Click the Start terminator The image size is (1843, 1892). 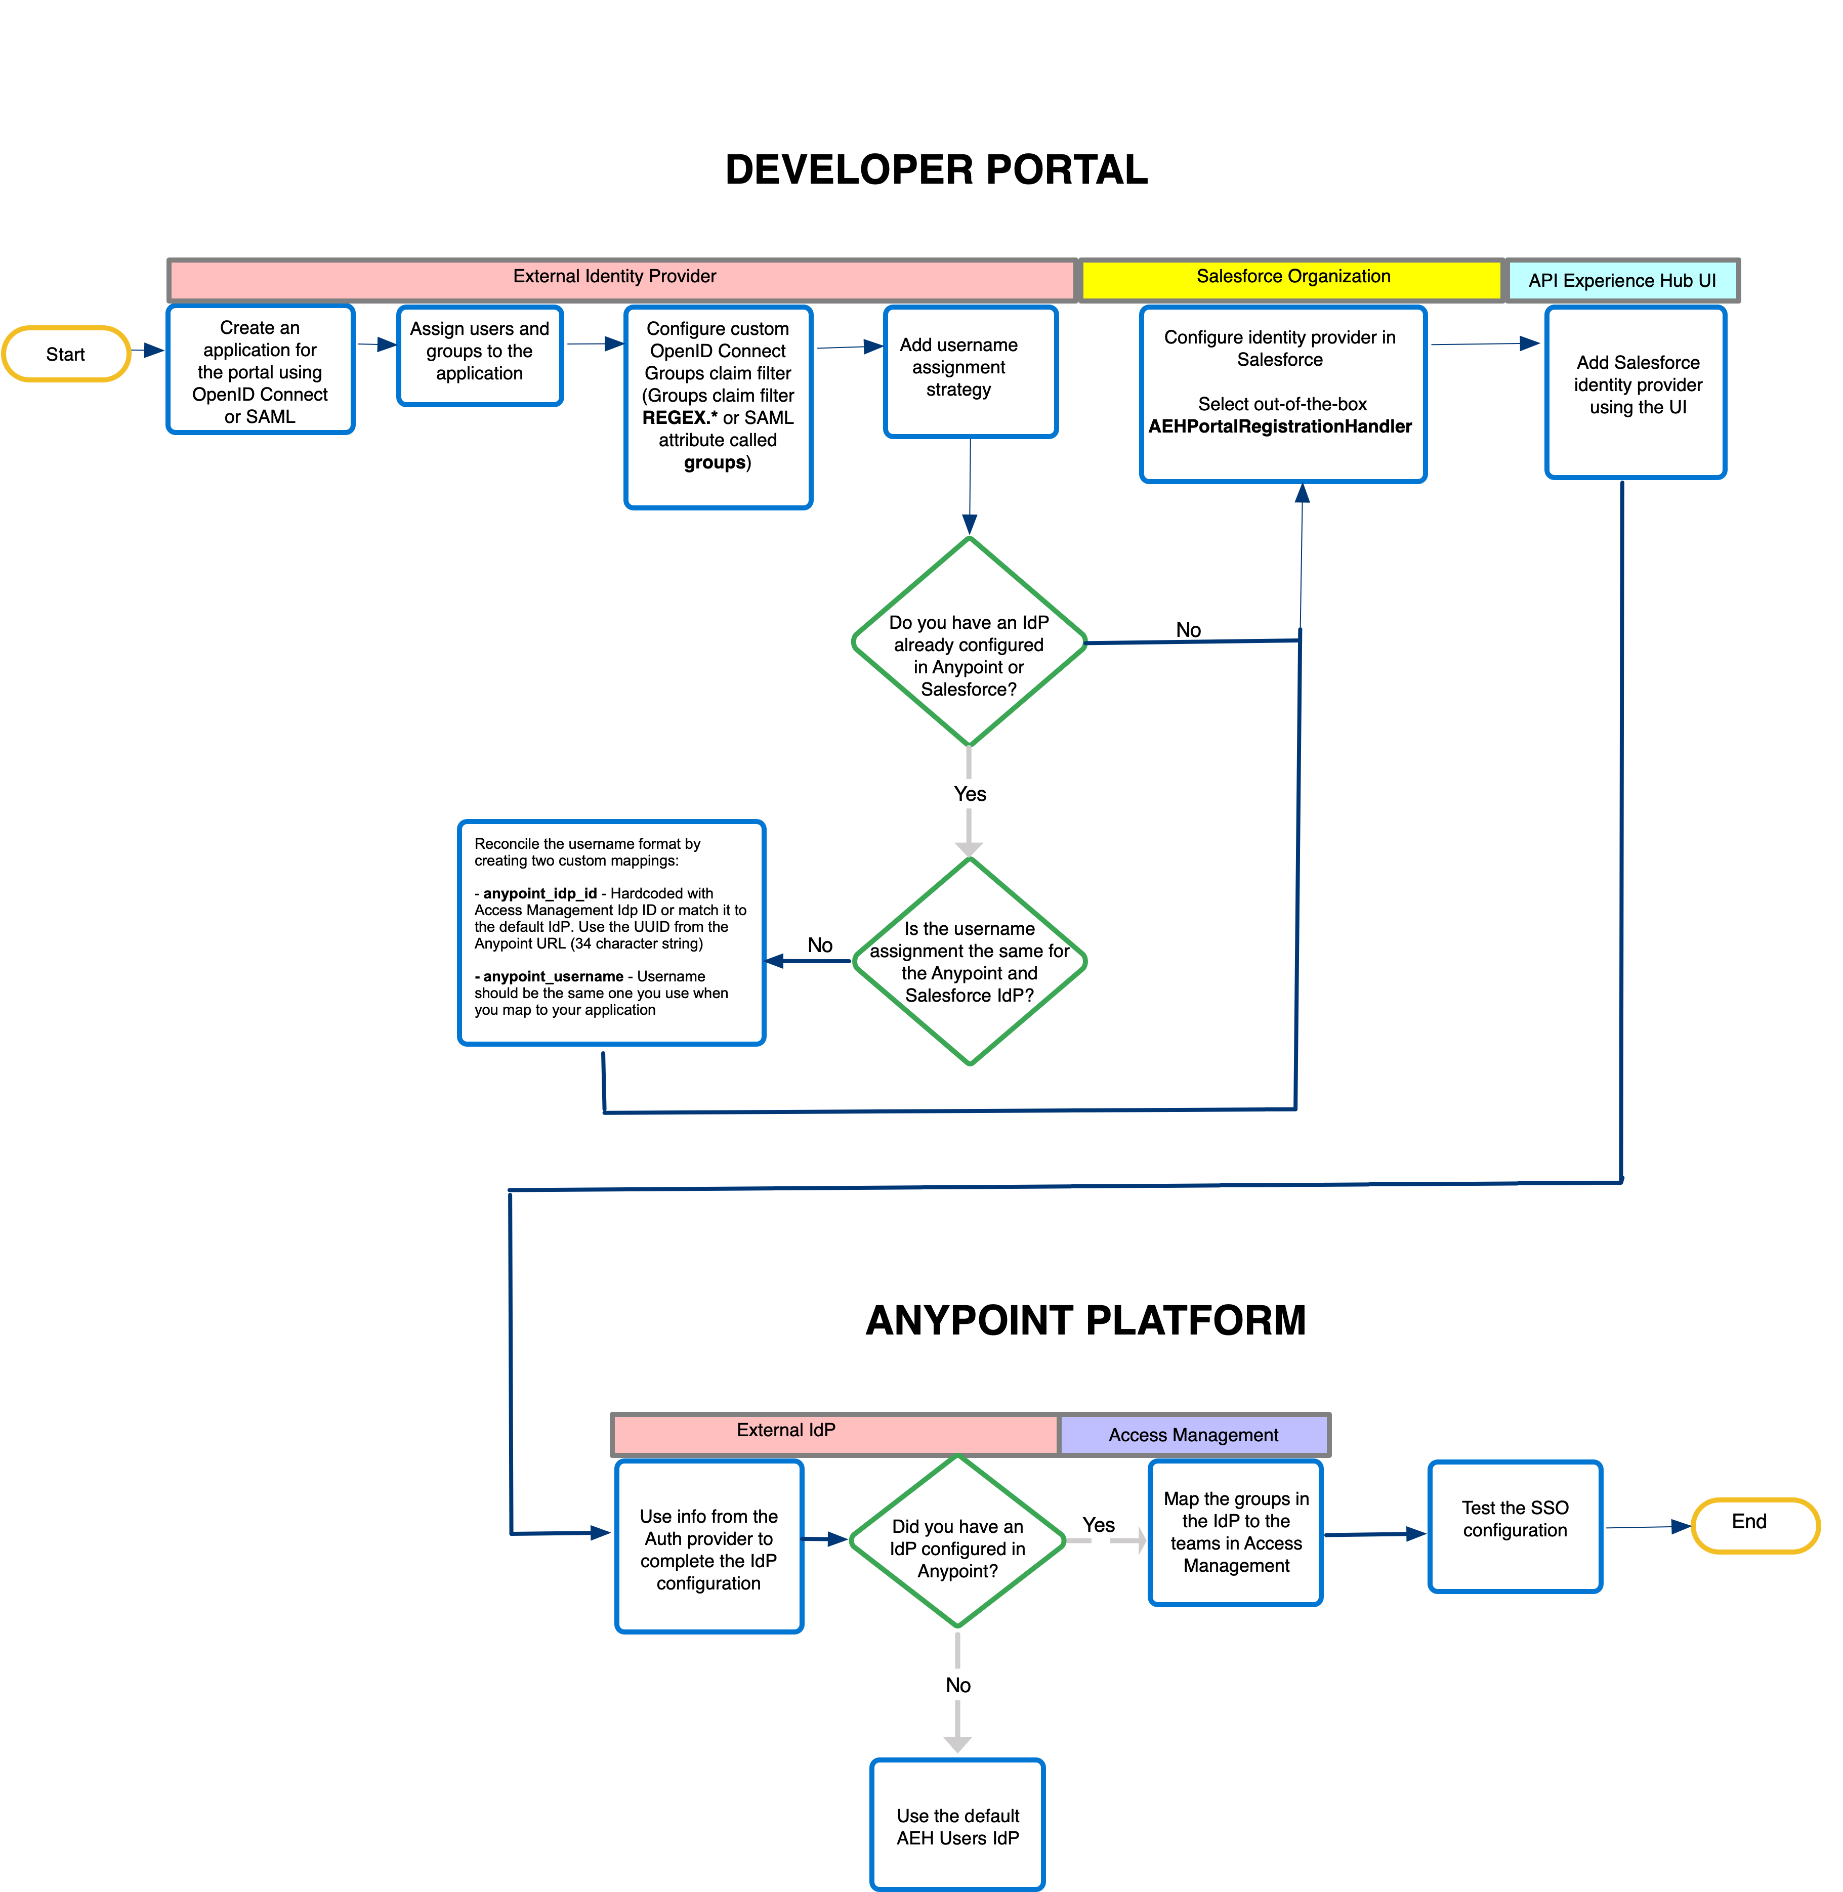[66, 354]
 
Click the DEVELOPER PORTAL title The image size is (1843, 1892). [936, 170]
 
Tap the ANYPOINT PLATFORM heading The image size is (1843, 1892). [1085, 1320]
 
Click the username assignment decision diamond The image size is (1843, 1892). [969, 961]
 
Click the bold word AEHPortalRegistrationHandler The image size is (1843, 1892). [1280, 427]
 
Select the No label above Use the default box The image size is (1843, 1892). [957, 1685]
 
